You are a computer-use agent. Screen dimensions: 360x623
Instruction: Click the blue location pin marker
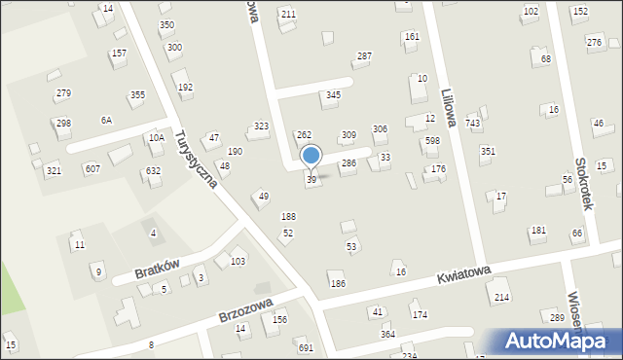[x=311, y=156]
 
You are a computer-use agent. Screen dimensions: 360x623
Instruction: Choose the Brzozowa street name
[x=243, y=312]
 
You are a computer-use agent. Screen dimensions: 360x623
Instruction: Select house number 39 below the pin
[x=311, y=180]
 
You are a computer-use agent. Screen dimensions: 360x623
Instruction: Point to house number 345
[x=333, y=95]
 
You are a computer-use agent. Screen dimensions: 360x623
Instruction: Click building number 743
[x=473, y=123]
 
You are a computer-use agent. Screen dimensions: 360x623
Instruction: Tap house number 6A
[x=106, y=120]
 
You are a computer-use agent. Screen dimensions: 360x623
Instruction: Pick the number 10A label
[x=156, y=138]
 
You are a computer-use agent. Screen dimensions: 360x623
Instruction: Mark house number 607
[x=92, y=169]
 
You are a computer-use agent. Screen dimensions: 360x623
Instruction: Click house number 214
[x=502, y=297]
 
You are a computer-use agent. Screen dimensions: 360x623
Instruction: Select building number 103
[x=238, y=262]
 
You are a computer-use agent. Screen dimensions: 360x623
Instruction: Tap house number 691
[x=305, y=347]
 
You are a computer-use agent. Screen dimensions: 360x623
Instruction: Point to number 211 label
[x=288, y=14]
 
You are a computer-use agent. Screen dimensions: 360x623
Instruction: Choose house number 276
[x=594, y=42]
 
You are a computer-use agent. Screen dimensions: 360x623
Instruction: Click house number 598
[x=432, y=141]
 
